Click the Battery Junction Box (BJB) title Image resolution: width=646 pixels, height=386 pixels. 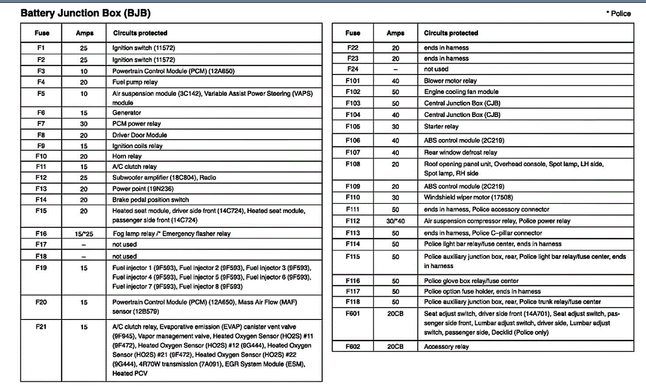coord(85,13)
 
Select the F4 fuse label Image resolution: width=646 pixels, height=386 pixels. coord(41,82)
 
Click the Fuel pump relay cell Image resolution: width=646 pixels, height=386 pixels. coord(128,82)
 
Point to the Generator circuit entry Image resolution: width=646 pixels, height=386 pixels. coord(126,113)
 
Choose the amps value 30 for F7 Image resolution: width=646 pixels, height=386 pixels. coord(84,124)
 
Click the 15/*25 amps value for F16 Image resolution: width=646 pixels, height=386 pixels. coord(84,234)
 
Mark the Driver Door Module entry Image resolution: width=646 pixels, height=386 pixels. coord(139,135)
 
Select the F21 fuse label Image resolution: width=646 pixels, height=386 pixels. coord(41,327)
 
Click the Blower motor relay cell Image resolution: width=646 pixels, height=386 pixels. coord(450,81)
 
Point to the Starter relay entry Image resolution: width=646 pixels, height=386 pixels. coord(441,126)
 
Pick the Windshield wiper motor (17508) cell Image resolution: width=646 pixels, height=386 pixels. coord(468,198)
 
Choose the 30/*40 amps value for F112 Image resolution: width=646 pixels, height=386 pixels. coord(395,221)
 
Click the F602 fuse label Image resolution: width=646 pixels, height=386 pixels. coord(353,347)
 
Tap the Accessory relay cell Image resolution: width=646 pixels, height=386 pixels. coord(446,347)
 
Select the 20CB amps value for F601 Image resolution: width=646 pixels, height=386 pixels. coord(395,314)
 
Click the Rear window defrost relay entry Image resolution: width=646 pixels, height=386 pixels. coord(461,152)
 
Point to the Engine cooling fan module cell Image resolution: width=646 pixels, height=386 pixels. coord(461,92)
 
